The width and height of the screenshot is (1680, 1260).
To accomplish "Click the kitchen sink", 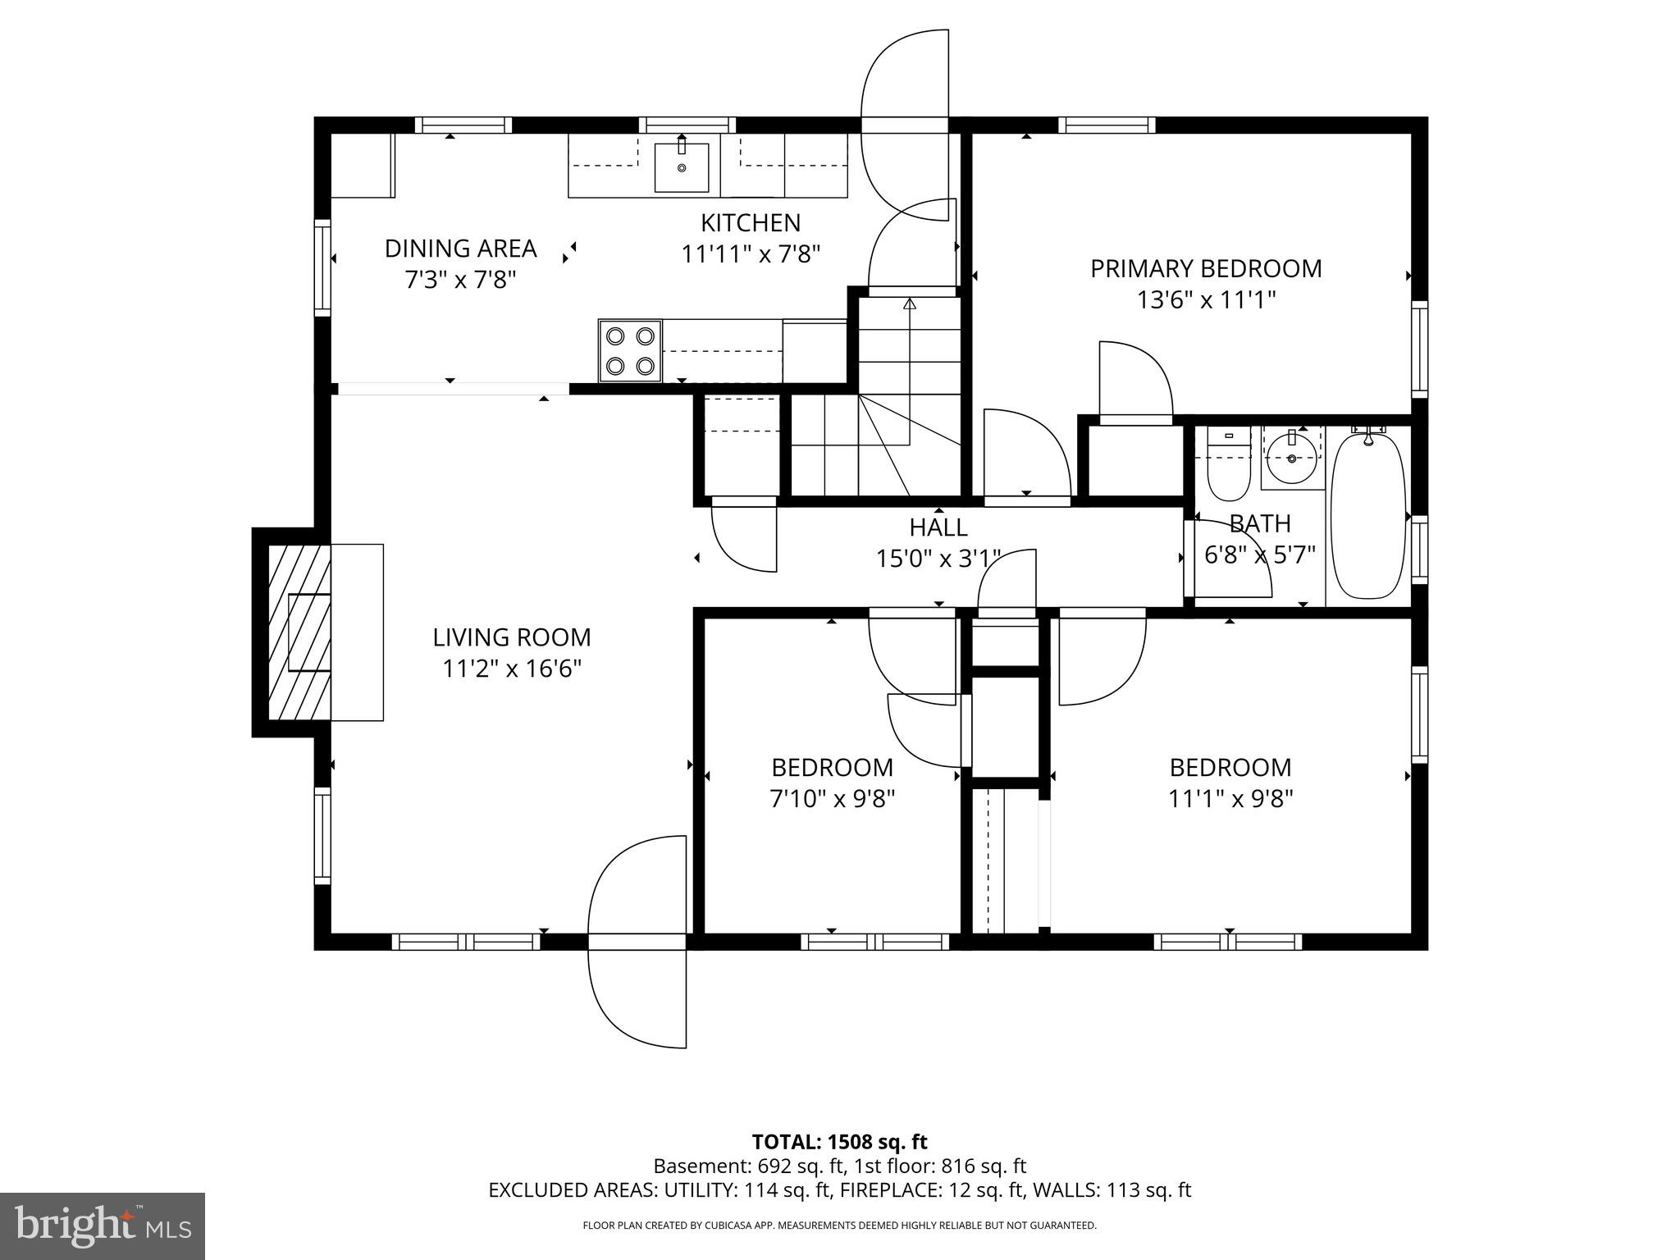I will click(681, 167).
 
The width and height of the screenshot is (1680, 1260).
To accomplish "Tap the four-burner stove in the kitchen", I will click(630, 350).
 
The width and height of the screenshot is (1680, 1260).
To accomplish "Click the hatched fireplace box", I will click(300, 632).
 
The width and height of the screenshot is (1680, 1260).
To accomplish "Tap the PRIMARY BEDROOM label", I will click(1205, 269).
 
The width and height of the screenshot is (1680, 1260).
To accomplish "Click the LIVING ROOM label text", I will click(512, 637).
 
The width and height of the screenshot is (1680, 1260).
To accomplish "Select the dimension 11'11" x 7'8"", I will click(751, 254).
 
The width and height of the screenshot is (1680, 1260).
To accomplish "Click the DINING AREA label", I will click(460, 249).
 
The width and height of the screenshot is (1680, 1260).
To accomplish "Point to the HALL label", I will click(938, 527).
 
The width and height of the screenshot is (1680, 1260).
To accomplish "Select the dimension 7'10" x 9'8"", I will click(832, 799).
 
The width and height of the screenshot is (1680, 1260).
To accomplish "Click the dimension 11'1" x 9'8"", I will click(1230, 799).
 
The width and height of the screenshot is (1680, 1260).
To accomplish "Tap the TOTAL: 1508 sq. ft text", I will click(839, 1142).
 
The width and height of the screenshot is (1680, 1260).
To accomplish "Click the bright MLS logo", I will click(103, 1226).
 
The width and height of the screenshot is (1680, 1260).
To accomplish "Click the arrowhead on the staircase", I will click(909, 304).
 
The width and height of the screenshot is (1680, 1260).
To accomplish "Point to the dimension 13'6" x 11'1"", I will click(1205, 300).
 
